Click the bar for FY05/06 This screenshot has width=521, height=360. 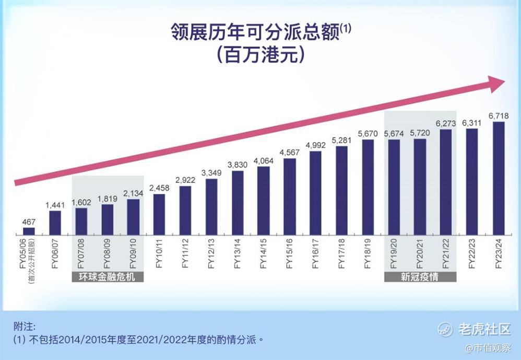tap(29, 231)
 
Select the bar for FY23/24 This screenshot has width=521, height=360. tap(498, 178)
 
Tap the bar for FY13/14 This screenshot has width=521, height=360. tap(238, 203)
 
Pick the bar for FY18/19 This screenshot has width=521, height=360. tap(368, 187)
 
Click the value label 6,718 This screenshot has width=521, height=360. tap(498, 115)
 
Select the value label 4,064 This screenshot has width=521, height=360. tap(264, 161)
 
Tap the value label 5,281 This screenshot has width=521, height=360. tap(342, 141)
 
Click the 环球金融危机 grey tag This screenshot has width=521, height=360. tap(108, 277)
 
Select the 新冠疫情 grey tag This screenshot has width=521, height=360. tap(420, 277)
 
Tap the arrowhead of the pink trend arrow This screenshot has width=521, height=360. tap(496, 84)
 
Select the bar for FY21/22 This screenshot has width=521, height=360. tap(446, 182)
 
